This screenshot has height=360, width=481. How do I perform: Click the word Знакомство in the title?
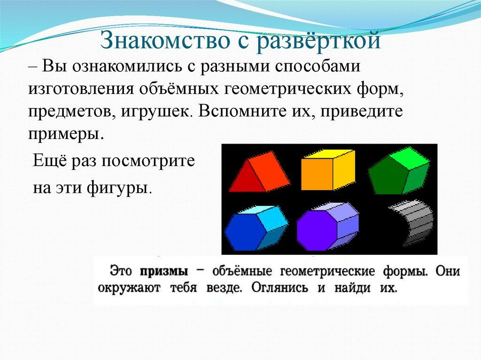(x=165, y=40)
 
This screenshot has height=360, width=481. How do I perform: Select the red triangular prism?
(x=259, y=171)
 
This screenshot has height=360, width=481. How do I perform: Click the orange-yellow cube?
(x=328, y=169)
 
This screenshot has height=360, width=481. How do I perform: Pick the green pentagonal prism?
(x=399, y=171)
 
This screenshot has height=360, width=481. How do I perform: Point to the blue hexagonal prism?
(x=256, y=228)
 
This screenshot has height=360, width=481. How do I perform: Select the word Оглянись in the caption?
(x=279, y=288)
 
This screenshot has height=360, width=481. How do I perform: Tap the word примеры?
(x=64, y=135)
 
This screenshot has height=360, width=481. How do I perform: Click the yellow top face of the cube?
(x=328, y=154)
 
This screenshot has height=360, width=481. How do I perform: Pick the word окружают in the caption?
(x=129, y=288)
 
